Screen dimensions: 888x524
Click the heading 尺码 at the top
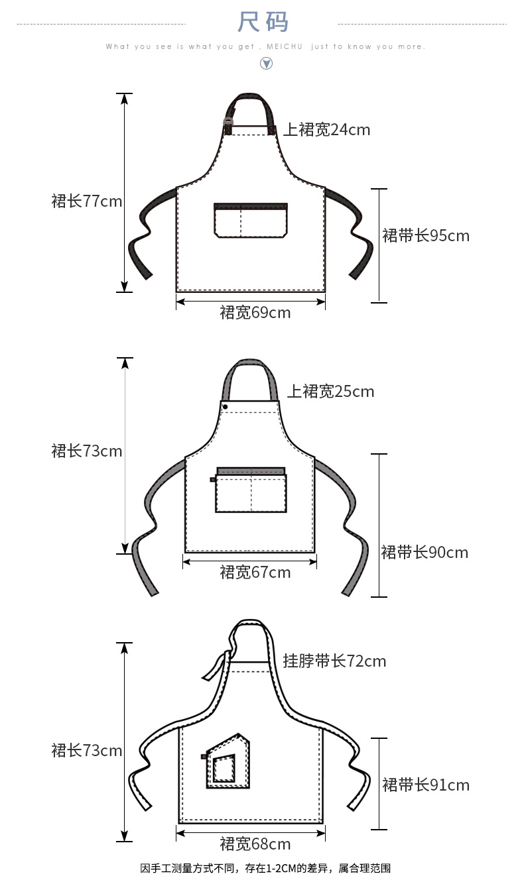click(263, 22)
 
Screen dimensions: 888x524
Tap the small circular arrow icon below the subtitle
click(266, 64)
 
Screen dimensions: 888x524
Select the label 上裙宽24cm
click(327, 130)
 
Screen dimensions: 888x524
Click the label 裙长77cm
click(87, 201)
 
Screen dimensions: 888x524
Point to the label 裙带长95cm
click(426, 236)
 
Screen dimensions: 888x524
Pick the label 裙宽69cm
click(255, 312)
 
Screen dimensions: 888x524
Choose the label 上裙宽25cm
click(330, 392)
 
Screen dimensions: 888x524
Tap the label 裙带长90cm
click(425, 553)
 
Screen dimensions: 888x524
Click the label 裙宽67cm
click(255, 572)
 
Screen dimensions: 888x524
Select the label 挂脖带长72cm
click(334, 661)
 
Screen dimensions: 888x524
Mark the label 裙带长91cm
click(426, 785)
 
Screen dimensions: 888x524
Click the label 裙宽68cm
click(255, 844)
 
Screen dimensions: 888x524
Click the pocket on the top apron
click(251, 220)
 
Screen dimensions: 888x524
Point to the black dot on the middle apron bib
click(226, 406)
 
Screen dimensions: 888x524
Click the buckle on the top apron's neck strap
click(229, 122)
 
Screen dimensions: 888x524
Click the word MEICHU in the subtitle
click(285, 47)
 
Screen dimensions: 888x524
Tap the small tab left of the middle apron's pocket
click(213, 479)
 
